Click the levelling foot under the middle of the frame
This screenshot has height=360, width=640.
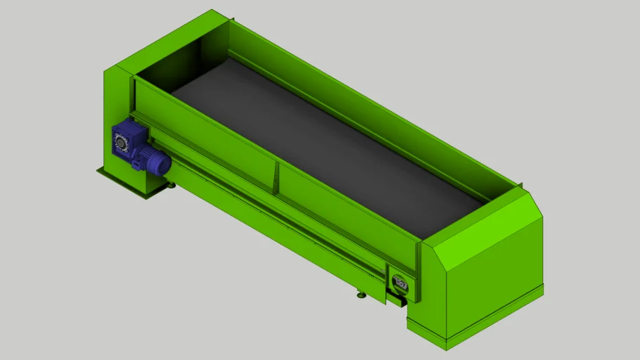pos(361,295)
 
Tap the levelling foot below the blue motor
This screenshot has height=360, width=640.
pos(171,185)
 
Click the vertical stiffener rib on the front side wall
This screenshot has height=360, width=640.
pos(275,176)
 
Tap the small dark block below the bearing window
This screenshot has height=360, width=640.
pos(398,300)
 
